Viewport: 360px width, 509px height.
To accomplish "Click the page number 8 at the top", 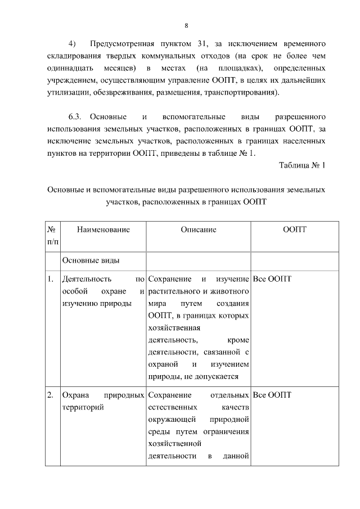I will point(186,25).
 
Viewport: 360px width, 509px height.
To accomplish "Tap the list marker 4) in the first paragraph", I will point(72,43).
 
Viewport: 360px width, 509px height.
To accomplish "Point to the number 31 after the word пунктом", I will point(200,43).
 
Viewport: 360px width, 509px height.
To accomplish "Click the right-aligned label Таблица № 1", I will point(302,166).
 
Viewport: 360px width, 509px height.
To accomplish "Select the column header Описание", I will point(199,229).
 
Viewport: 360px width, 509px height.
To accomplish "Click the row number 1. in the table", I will point(51,279).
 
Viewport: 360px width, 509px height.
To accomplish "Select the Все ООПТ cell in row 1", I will point(273,279).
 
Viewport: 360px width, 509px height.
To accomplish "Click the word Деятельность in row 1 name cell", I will point(87,279).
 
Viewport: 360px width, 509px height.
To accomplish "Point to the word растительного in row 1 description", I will point(175,291).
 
